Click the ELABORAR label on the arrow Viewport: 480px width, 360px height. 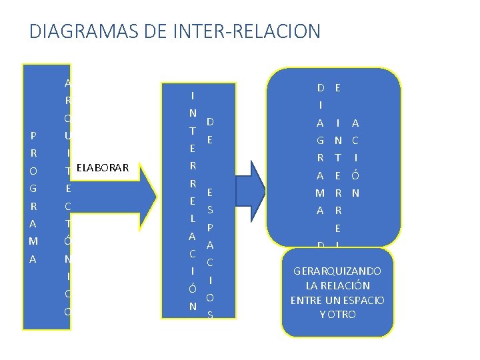coord(102,167)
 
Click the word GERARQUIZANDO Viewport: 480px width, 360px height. coord(337,271)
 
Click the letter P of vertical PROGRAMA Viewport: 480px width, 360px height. coord(33,136)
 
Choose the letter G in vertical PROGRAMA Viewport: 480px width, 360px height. coord(33,188)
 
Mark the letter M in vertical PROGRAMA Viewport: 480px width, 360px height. coord(33,240)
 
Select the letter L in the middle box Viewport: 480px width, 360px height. coord(192,219)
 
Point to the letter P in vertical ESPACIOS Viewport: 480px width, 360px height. coord(210,227)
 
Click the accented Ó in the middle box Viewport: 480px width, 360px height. coord(192,289)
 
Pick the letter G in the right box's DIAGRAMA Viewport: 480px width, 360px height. coord(320,141)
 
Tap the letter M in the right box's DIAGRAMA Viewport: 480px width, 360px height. coord(320,193)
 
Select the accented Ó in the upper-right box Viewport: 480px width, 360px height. coord(355,175)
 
